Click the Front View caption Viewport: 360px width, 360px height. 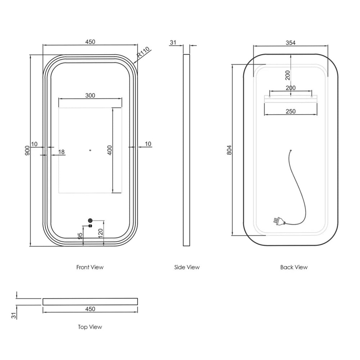[90, 267]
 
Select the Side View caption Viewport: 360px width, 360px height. [187, 267]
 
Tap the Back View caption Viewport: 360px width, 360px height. [294, 267]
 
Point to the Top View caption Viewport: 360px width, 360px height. [90, 327]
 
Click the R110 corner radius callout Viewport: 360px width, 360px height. [143, 52]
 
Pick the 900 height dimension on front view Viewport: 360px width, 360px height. [27, 150]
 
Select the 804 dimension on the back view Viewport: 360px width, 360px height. [229, 150]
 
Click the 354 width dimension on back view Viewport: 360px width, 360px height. [291, 43]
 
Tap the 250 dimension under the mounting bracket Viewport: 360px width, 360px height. [291, 111]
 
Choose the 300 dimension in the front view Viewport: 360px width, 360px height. [90, 95]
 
